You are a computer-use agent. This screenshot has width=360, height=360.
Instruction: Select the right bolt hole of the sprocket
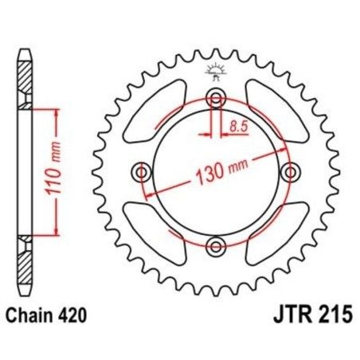(x=289, y=171)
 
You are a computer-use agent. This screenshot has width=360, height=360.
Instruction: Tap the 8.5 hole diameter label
(x=238, y=126)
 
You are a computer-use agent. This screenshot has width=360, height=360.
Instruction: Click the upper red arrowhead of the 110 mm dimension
(x=56, y=112)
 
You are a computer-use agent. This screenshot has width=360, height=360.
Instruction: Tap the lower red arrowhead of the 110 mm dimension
(x=56, y=233)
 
